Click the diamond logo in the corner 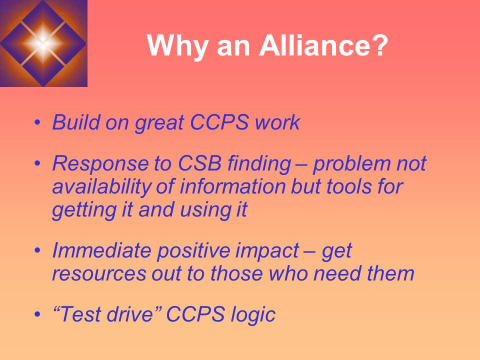[43, 43]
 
